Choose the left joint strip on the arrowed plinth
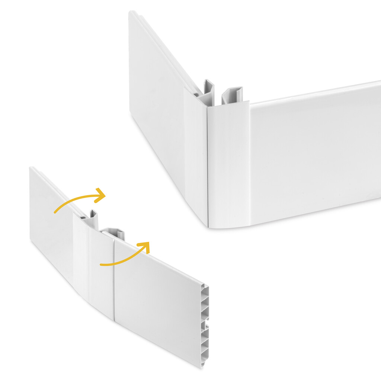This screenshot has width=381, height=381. point(81,257)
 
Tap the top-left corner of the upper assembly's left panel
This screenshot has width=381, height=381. point(130,13)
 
